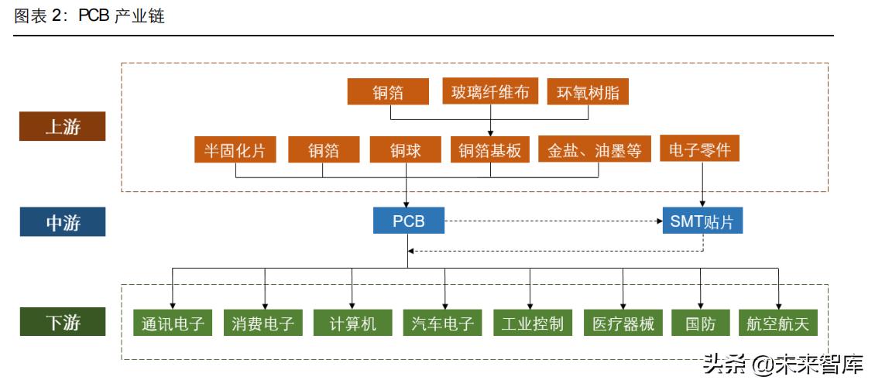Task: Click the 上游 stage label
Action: coord(62,127)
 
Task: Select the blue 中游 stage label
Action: coord(62,223)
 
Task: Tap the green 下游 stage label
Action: coord(62,322)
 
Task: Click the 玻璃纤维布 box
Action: coord(490,92)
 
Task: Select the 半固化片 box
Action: coord(235,150)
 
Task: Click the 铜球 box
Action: coord(406,150)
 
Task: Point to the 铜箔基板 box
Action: coord(490,150)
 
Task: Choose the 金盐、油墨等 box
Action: coord(595,150)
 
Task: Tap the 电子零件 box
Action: coord(700,149)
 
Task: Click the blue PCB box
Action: coord(409,221)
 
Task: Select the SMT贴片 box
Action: coord(702,221)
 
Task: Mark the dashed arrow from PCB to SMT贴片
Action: coord(554,221)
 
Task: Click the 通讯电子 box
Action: coord(173,323)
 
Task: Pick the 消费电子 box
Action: coord(263,323)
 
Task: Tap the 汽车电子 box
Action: coord(443,323)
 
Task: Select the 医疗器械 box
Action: coord(623,323)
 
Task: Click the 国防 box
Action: coord(700,323)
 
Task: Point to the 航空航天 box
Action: coord(778,323)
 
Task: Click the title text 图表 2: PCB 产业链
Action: coord(89,16)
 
